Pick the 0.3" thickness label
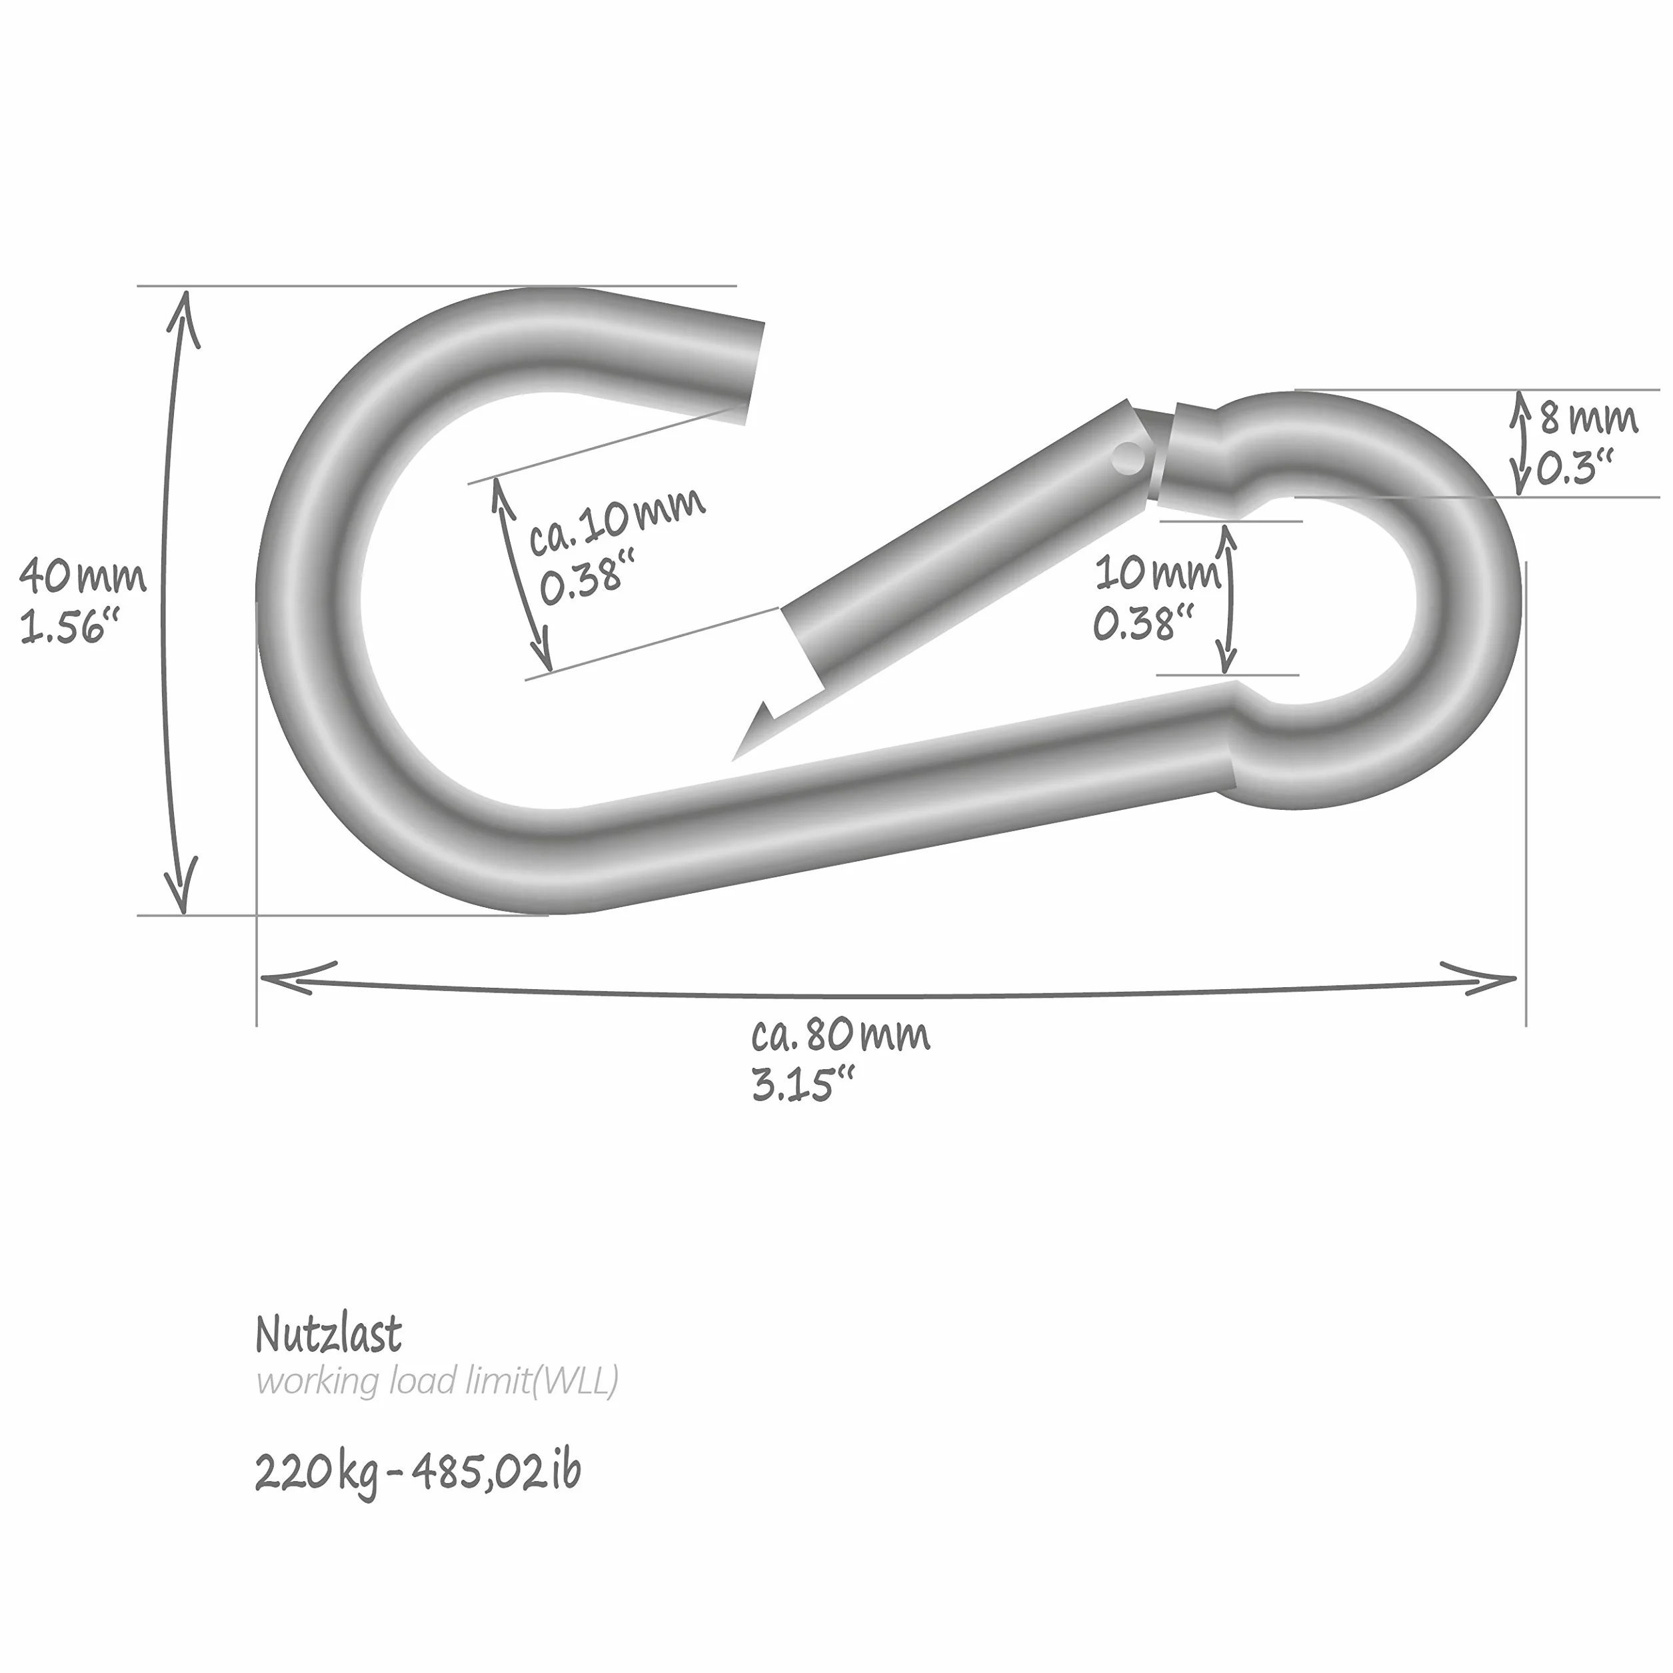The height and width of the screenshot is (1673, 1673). point(1575,469)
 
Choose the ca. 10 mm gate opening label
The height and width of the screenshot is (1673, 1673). point(617,521)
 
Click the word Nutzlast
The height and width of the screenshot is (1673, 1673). point(329,1334)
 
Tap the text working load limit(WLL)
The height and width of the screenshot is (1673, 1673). point(437,1380)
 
